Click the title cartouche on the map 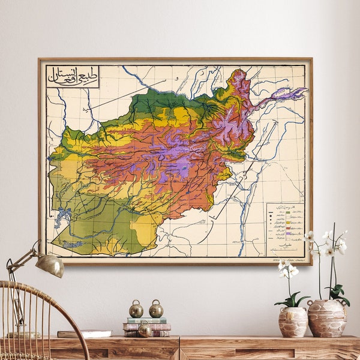(x=73, y=76)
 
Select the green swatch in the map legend (x=288, y=212)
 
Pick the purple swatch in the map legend (x=288, y=232)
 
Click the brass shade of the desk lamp (x=49, y=264)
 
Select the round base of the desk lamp (x=24, y=335)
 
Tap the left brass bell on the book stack (x=136, y=310)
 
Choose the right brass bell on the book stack (x=156, y=310)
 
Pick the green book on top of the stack (x=146, y=320)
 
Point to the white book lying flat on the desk (x=84, y=334)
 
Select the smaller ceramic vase (x=293, y=322)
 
